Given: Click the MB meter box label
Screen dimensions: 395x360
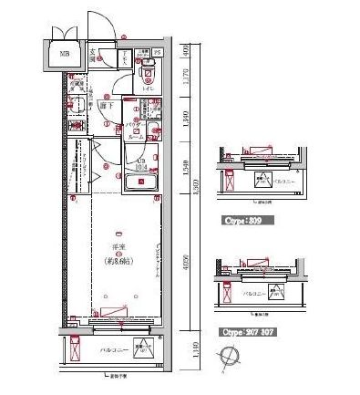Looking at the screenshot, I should [x=64, y=54].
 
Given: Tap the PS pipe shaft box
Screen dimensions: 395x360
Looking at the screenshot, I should [x=156, y=53].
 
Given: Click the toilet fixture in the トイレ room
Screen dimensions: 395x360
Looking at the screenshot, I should [x=148, y=75].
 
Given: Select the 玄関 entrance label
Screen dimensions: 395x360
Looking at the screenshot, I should [x=93, y=53].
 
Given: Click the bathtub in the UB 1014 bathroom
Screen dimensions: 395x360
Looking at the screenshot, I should [x=140, y=181].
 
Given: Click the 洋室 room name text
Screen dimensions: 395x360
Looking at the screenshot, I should [x=118, y=246].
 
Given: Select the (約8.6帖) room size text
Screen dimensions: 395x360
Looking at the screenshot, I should [x=118, y=260].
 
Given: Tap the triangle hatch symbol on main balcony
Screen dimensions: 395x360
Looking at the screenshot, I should [x=141, y=348].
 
